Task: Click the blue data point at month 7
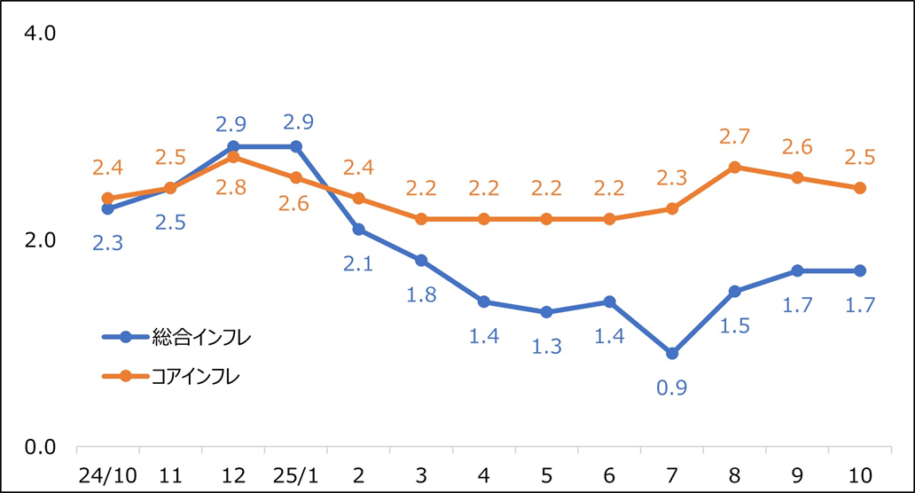(x=672, y=353)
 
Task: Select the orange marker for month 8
(x=735, y=167)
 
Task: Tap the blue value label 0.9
(x=672, y=387)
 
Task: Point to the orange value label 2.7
(x=735, y=137)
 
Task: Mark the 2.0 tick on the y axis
(x=36, y=240)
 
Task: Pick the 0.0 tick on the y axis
(x=36, y=447)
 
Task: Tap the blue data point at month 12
(x=233, y=146)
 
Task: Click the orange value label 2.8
(x=233, y=190)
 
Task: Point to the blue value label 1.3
(x=546, y=346)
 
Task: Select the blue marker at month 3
(x=421, y=260)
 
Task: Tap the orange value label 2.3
(x=672, y=177)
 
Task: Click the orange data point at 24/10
(x=107, y=199)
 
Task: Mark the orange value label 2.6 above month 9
(x=797, y=147)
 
